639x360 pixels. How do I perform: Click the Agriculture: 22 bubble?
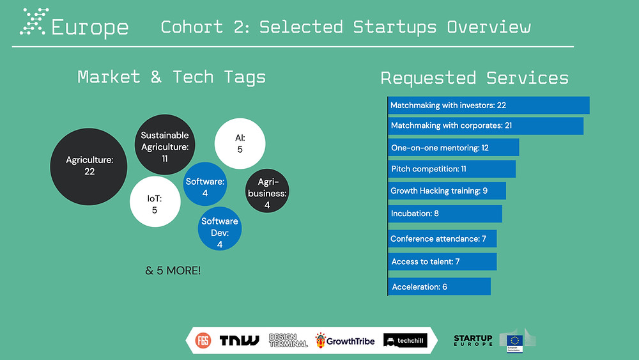point(88,167)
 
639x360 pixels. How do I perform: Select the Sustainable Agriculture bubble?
point(165,145)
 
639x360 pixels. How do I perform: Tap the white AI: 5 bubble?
point(240,143)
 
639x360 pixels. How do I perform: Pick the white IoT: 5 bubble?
point(155,201)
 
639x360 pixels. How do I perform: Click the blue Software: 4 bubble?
point(205,184)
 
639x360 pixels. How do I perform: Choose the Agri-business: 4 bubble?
point(267,191)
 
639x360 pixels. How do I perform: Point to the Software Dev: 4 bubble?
point(220,229)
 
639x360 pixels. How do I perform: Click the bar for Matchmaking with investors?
point(489,106)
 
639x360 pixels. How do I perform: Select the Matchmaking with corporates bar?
point(486,126)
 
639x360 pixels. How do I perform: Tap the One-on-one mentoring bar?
point(454,147)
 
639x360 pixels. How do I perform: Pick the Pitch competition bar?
point(452,169)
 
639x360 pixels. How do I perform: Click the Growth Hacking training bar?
point(447,191)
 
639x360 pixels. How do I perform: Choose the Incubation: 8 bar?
point(445,214)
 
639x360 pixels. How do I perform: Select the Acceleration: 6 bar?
point(440,286)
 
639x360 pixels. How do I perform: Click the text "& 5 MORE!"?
point(173,270)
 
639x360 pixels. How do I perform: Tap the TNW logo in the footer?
point(239,340)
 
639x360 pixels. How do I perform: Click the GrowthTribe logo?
point(345,340)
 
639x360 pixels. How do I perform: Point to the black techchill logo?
point(405,340)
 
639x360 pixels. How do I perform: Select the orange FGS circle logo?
point(203,340)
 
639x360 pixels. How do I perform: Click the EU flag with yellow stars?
point(514,341)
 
